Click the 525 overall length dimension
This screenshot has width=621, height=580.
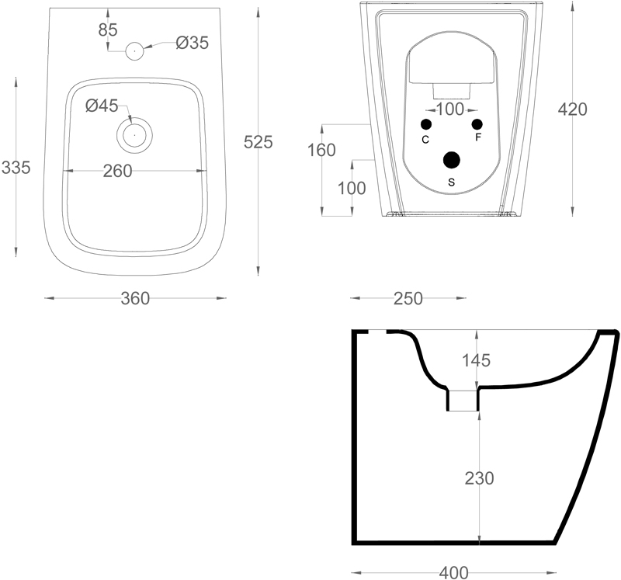point(258,142)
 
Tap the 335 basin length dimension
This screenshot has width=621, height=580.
point(16,167)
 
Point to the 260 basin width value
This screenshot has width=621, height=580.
point(118,171)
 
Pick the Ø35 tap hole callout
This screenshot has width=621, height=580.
point(192,43)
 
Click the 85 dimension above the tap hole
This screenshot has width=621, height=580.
point(108,31)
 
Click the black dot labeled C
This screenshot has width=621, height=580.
point(425,125)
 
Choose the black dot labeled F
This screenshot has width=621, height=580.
point(477,125)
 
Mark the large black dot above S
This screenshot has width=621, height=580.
point(451,160)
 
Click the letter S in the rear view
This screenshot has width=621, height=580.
point(452,182)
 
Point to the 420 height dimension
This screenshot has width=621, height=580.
point(572,109)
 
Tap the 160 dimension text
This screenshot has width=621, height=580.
point(321,150)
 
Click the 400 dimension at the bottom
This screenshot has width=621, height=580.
point(453,572)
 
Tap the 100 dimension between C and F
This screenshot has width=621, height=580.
point(449,109)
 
